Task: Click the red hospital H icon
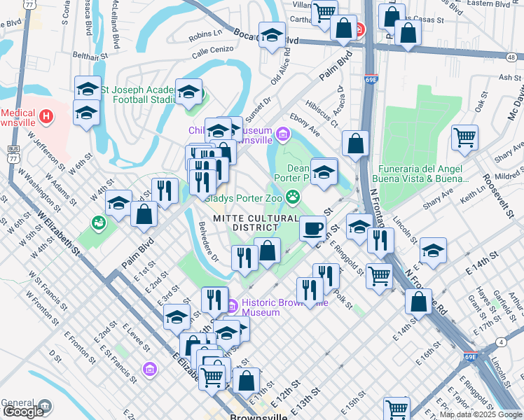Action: [x=46, y=115]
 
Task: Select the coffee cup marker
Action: [x=312, y=227]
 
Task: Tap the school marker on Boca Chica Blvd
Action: [x=272, y=35]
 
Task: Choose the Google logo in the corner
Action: [x=23, y=412]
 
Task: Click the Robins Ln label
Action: [x=205, y=34]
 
